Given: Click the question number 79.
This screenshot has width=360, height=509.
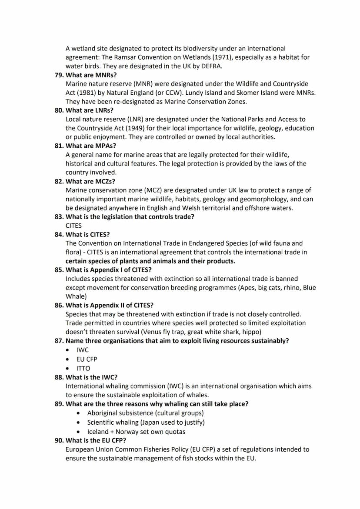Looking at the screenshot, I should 59,75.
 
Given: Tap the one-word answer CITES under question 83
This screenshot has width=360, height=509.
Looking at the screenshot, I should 73,226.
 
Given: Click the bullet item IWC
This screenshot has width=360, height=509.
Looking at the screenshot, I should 82,350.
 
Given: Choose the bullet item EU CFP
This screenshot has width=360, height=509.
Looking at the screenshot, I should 87,359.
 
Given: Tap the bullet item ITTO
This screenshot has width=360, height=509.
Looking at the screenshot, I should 83,369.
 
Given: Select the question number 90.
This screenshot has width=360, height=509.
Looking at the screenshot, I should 59,440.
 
